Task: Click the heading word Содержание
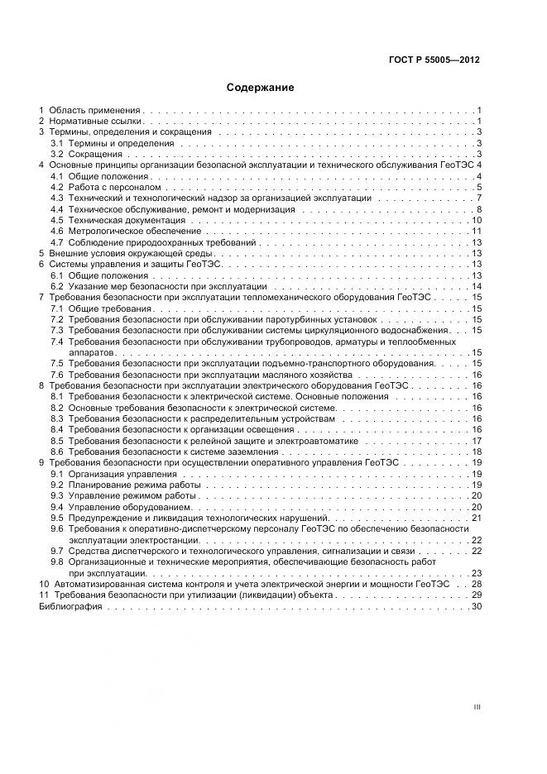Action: (x=261, y=87)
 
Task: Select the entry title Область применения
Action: (x=96, y=110)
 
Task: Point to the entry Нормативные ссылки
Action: (x=96, y=121)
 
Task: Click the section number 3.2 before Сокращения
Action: (x=57, y=154)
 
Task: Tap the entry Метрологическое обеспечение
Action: (x=123, y=232)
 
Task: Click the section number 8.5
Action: (x=57, y=441)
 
